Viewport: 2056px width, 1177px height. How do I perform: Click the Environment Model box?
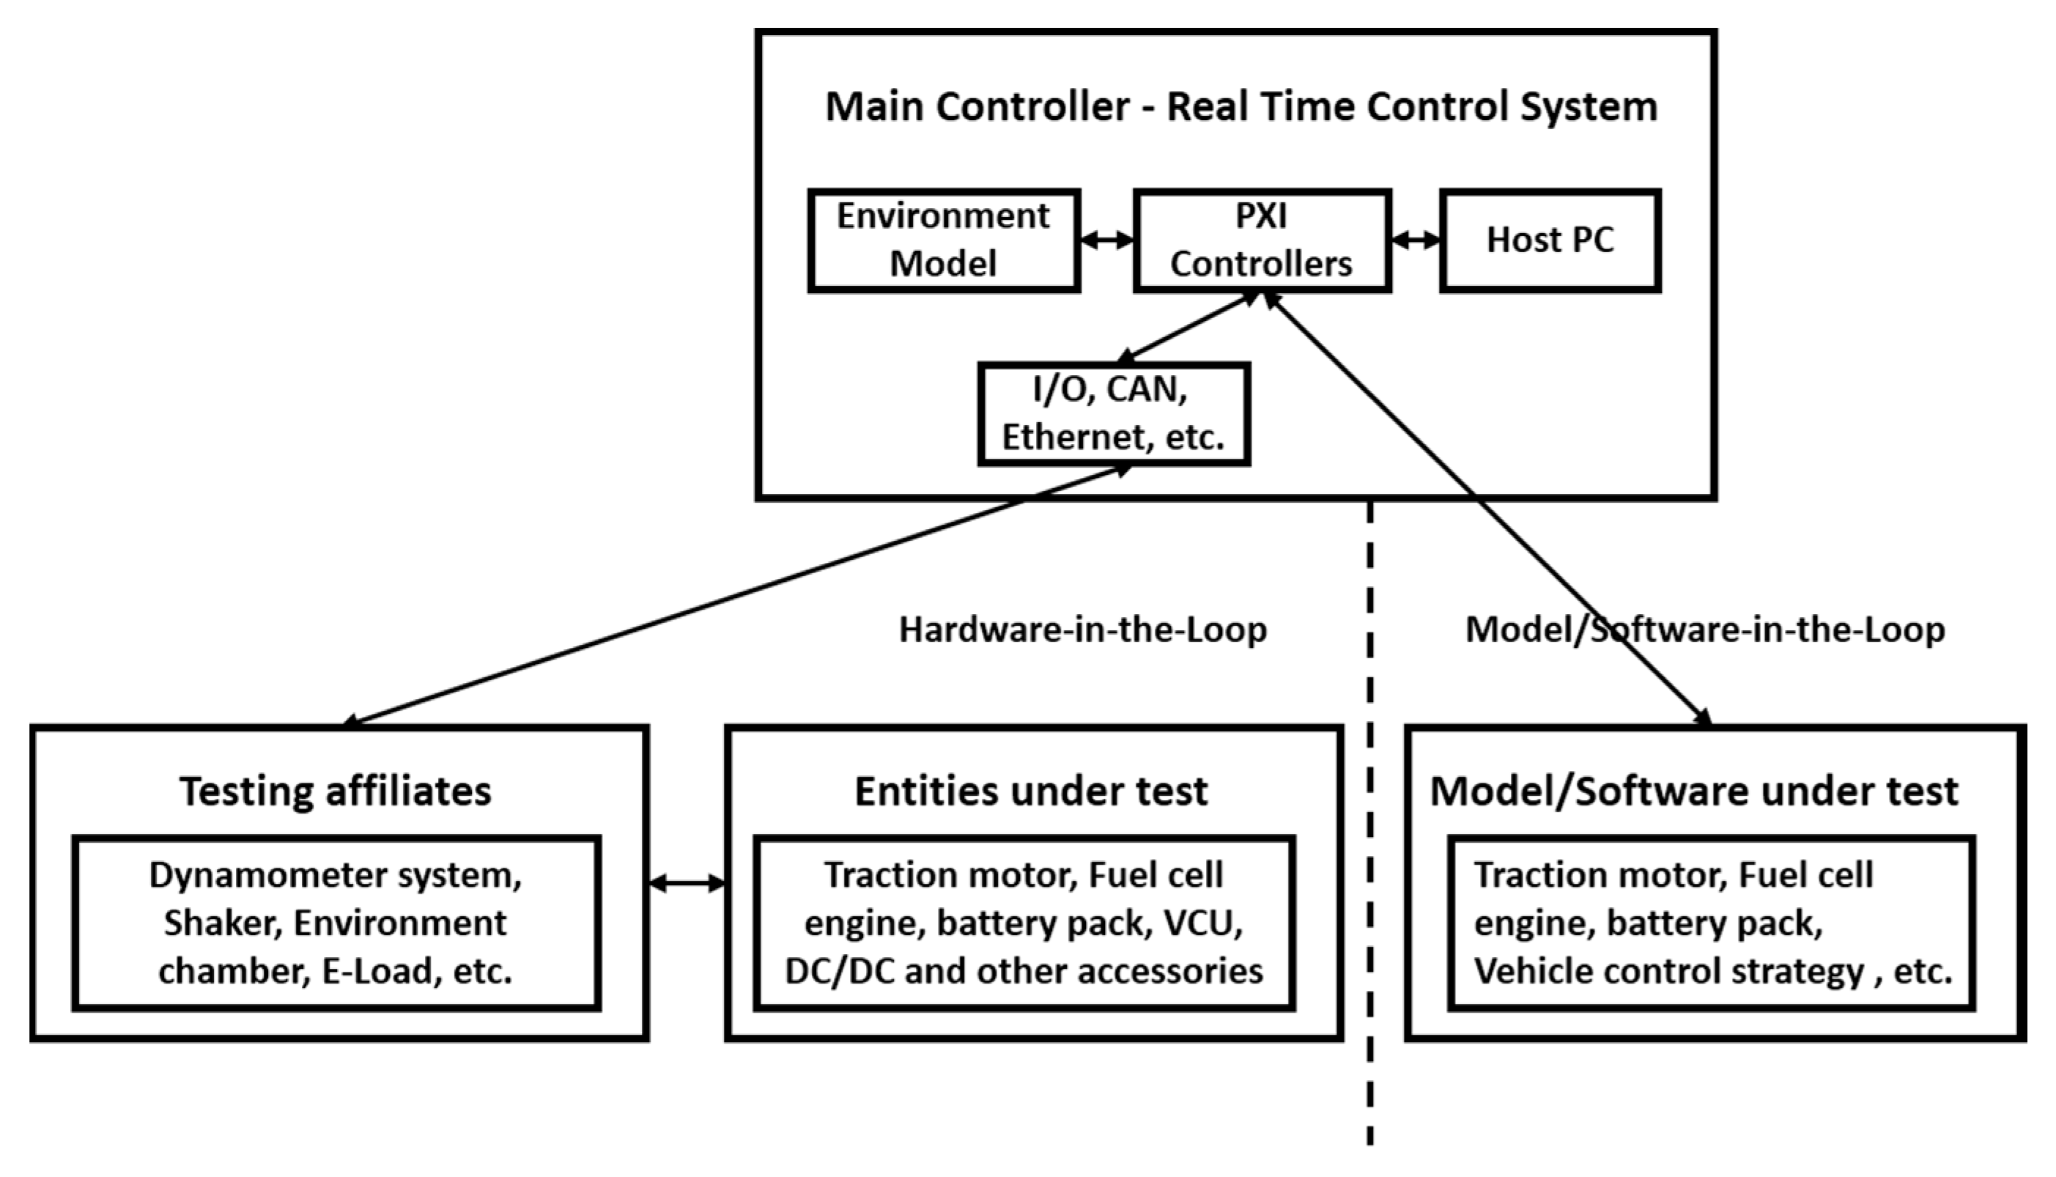pos(944,241)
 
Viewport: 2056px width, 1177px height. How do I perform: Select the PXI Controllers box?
pos(1262,241)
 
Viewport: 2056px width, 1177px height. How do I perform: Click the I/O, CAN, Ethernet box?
pos(1114,414)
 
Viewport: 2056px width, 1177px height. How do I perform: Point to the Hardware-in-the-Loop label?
pos(1083,630)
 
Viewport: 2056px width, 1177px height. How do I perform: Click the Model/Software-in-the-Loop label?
pos(1705,630)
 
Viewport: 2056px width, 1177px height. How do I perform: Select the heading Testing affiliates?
pos(336,791)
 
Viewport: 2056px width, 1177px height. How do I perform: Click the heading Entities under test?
pos(1031,791)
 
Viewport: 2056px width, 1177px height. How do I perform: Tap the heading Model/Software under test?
pos(1694,791)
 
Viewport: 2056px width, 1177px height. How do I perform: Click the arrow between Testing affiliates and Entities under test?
pos(687,884)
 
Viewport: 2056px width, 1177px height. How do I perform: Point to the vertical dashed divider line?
pos(1370,808)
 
